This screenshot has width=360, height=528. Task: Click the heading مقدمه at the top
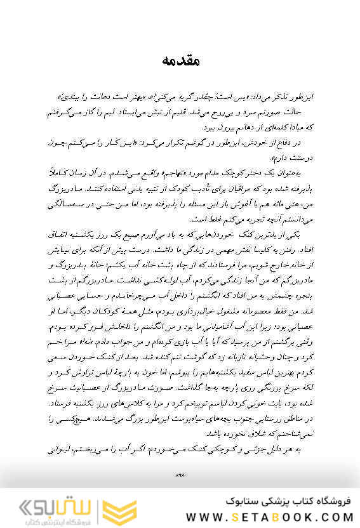tap(180, 62)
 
